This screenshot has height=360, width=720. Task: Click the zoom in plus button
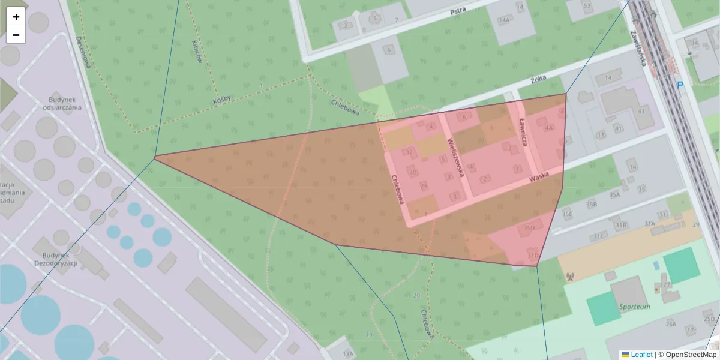[16, 17]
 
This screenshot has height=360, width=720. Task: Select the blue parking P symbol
[680, 86]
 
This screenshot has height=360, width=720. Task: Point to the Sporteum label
[634, 307]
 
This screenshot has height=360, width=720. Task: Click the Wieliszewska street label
[456, 157]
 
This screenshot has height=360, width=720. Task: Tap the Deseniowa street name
[82, 50]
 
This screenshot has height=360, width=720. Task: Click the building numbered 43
[641, 110]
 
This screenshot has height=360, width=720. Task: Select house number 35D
[529, 228]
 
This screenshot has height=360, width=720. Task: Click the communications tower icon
[570, 277]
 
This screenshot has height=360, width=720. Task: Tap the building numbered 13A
[348, 354]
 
